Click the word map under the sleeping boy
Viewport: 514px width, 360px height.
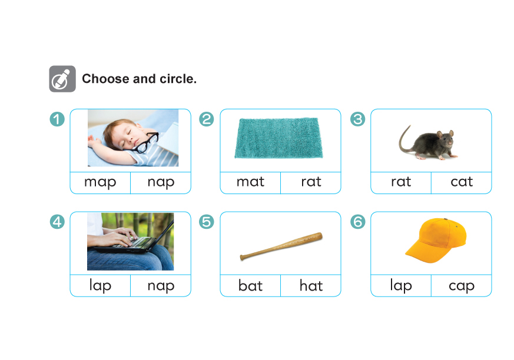coord(100,182)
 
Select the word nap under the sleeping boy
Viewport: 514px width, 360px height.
coord(161,182)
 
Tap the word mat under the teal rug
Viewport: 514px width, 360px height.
coord(250,182)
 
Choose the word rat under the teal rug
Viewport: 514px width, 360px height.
coord(311,182)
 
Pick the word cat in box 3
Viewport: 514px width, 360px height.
coord(462,182)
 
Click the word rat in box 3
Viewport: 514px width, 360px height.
coord(401,182)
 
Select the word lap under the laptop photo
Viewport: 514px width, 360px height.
coord(100,286)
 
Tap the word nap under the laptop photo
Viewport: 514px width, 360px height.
coord(161,286)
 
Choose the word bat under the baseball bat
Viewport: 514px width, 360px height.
coord(250,285)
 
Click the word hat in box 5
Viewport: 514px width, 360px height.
coord(311,285)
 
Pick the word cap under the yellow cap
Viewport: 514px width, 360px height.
coord(462,286)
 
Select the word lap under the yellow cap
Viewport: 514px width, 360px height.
coord(401,286)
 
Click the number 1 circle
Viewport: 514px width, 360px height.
coord(57,119)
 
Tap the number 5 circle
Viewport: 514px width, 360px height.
coord(207,222)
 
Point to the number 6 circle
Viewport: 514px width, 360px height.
coord(357,222)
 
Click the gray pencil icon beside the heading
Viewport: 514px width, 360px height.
coord(62,79)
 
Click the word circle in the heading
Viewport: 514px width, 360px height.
coord(178,79)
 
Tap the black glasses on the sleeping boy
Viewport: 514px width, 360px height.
coord(146,142)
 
